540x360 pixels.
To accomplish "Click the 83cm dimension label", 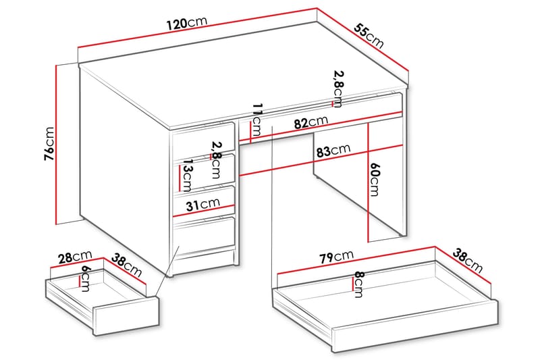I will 332,152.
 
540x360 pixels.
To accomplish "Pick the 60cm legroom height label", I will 375,179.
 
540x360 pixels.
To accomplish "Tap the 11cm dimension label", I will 256,122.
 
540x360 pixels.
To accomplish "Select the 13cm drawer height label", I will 187,178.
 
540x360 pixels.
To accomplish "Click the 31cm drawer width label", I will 202,203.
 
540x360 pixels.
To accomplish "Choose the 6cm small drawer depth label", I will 84,278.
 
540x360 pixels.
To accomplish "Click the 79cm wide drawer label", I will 335,257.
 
